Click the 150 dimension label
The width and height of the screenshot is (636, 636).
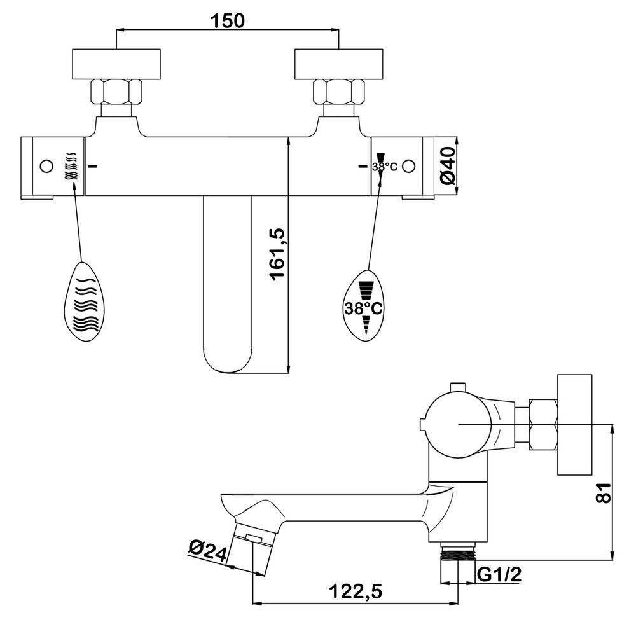pos(227,20)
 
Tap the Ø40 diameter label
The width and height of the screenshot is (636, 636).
pos(448,166)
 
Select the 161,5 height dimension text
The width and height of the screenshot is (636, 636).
pos(277,254)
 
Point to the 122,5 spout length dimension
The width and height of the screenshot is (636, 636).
pos(356,591)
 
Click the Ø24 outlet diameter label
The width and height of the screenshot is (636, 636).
pos(208,550)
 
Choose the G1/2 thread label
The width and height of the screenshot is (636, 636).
pos(499,574)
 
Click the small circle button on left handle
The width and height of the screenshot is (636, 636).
pos(46,166)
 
